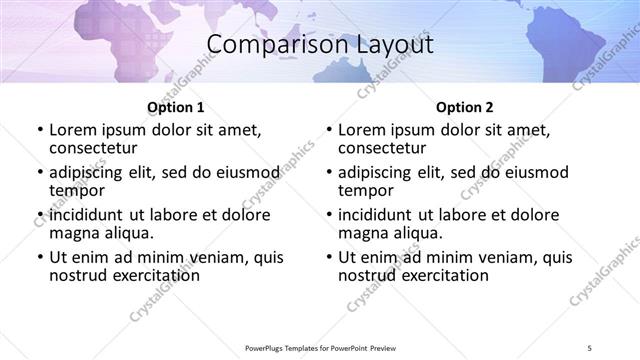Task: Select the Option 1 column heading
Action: click(176, 107)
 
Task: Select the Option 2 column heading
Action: click(465, 107)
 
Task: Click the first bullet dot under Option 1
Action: click(40, 130)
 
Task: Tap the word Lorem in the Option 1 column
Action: click(73, 130)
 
